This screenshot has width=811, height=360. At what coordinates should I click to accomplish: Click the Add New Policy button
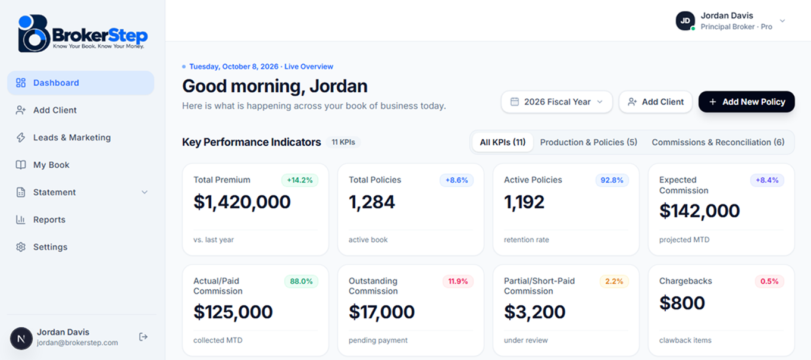coord(747,102)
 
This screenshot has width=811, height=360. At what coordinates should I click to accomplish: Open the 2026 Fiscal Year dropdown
coord(557,102)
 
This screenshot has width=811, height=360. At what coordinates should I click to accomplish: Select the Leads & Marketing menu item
coord(71,137)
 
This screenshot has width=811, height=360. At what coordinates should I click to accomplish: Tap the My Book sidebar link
coord(51,165)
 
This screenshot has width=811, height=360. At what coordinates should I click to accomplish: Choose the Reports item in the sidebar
coord(49,220)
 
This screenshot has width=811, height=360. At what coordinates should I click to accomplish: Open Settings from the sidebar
coord(50,247)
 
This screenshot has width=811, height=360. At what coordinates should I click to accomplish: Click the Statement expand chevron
coord(145,192)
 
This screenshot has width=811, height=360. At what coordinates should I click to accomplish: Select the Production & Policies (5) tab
coord(588,142)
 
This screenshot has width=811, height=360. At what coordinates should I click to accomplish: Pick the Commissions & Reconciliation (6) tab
coord(718,142)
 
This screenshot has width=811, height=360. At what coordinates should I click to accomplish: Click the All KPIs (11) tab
coord(503,142)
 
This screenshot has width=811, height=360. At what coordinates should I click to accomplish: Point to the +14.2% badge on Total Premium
coord(300,180)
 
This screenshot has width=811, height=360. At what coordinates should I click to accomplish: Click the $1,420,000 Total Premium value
coord(242,202)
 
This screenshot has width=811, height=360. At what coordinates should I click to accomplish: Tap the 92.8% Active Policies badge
coord(612,180)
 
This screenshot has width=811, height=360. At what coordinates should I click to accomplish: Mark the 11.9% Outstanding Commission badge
coord(458,281)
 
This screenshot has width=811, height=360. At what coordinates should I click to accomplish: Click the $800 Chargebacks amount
coord(682,303)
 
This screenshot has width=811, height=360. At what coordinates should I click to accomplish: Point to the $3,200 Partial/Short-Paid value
coord(534,312)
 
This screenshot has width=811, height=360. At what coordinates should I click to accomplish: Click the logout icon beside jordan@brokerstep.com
coord(143,337)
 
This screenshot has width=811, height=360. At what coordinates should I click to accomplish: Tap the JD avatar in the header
coord(685,21)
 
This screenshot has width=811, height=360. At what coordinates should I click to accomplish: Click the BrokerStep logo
coord(83,33)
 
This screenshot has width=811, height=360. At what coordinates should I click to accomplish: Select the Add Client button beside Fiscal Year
coord(656,102)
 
